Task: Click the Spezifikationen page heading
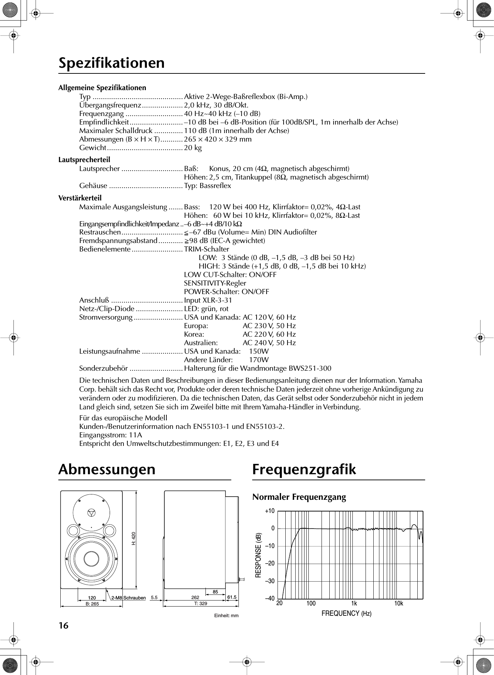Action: click(111, 63)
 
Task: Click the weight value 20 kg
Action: click(193, 148)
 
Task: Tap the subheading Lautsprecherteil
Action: click(84, 160)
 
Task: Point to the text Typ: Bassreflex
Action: click(207, 186)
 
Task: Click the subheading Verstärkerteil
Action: click(80, 198)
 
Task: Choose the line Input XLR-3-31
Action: click(208, 300)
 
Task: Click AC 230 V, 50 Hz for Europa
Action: click(269, 326)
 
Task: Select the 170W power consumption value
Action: click(259, 360)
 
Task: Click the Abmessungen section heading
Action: click(107, 469)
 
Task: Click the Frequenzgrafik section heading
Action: click(304, 469)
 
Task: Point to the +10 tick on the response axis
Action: click(270, 511)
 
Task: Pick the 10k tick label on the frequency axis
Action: click(399, 603)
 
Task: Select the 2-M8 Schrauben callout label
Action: click(128, 598)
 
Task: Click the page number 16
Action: click(63, 625)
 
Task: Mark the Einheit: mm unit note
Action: click(226, 615)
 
